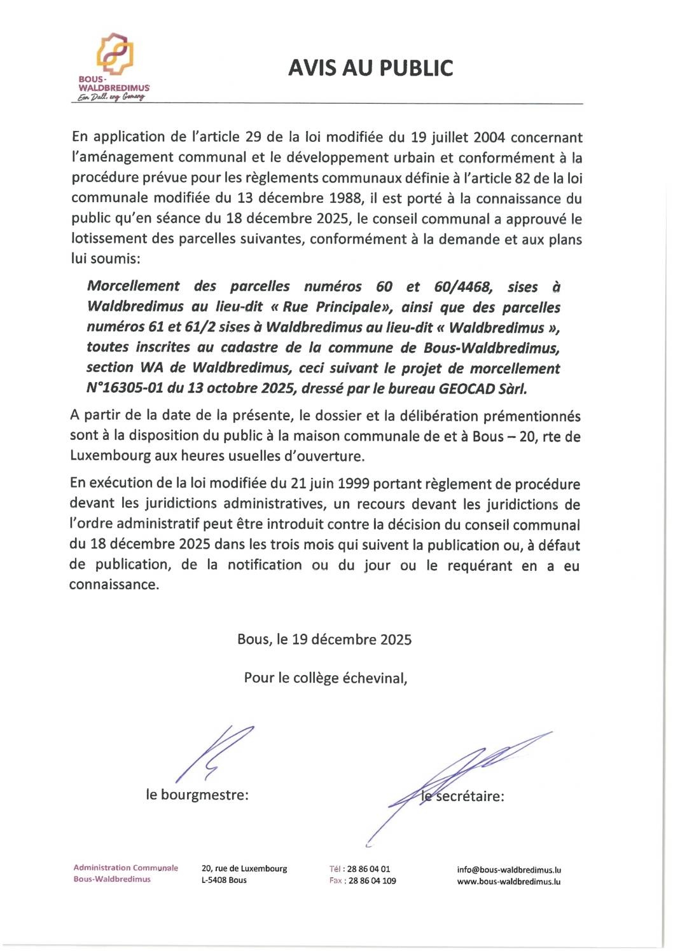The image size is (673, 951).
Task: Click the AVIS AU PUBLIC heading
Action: pyautogui.click(x=370, y=68)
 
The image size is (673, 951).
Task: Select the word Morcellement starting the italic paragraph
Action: pyautogui.click(x=134, y=287)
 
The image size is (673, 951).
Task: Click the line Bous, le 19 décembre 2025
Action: pyautogui.click(x=324, y=640)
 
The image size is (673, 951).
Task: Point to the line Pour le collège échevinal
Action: pyautogui.click(x=325, y=678)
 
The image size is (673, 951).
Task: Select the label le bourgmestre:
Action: pyautogui.click(x=197, y=795)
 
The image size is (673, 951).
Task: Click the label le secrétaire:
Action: pyautogui.click(x=463, y=797)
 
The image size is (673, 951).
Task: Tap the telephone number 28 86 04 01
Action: pyautogui.click(x=369, y=869)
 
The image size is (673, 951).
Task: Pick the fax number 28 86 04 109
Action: pyautogui.click(x=372, y=881)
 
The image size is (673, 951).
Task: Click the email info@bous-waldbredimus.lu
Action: pyautogui.click(x=509, y=870)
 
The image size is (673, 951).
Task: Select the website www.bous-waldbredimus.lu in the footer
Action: pyautogui.click(x=509, y=882)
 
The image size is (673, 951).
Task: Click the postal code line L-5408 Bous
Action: pyautogui.click(x=224, y=880)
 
